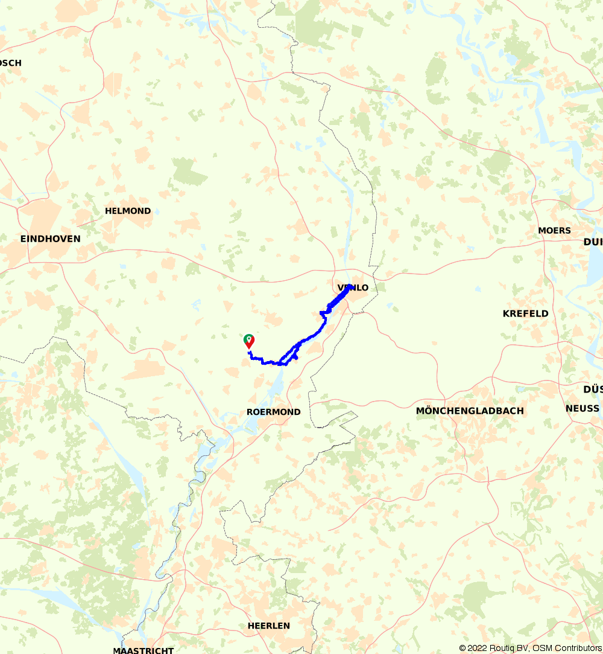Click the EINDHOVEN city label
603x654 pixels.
pyautogui.click(x=50, y=239)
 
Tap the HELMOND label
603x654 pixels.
pyautogui.click(x=128, y=211)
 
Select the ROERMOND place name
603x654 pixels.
pyautogui.click(x=273, y=412)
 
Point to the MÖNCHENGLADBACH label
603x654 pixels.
pyautogui.click(x=470, y=411)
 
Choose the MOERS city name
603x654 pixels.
pyautogui.click(x=554, y=231)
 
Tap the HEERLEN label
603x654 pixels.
pyautogui.click(x=268, y=626)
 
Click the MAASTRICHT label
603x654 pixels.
pyautogui.click(x=143, y=650)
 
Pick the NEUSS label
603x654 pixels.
pyautogui.click(x=582, y=409)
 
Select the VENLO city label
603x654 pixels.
pyautogui.click(x=353, y=288)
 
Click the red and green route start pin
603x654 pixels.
pyautogui.click(x=248, y=341)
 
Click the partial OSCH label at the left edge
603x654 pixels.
pyautogui.click(x=11, y=63)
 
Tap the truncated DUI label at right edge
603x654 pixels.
pyautogui.click(x=593, y=242)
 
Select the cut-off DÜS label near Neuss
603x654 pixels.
pyautogui.click(x=593, y=389)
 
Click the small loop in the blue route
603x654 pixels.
pyautogui.click(x=289, y=356)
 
